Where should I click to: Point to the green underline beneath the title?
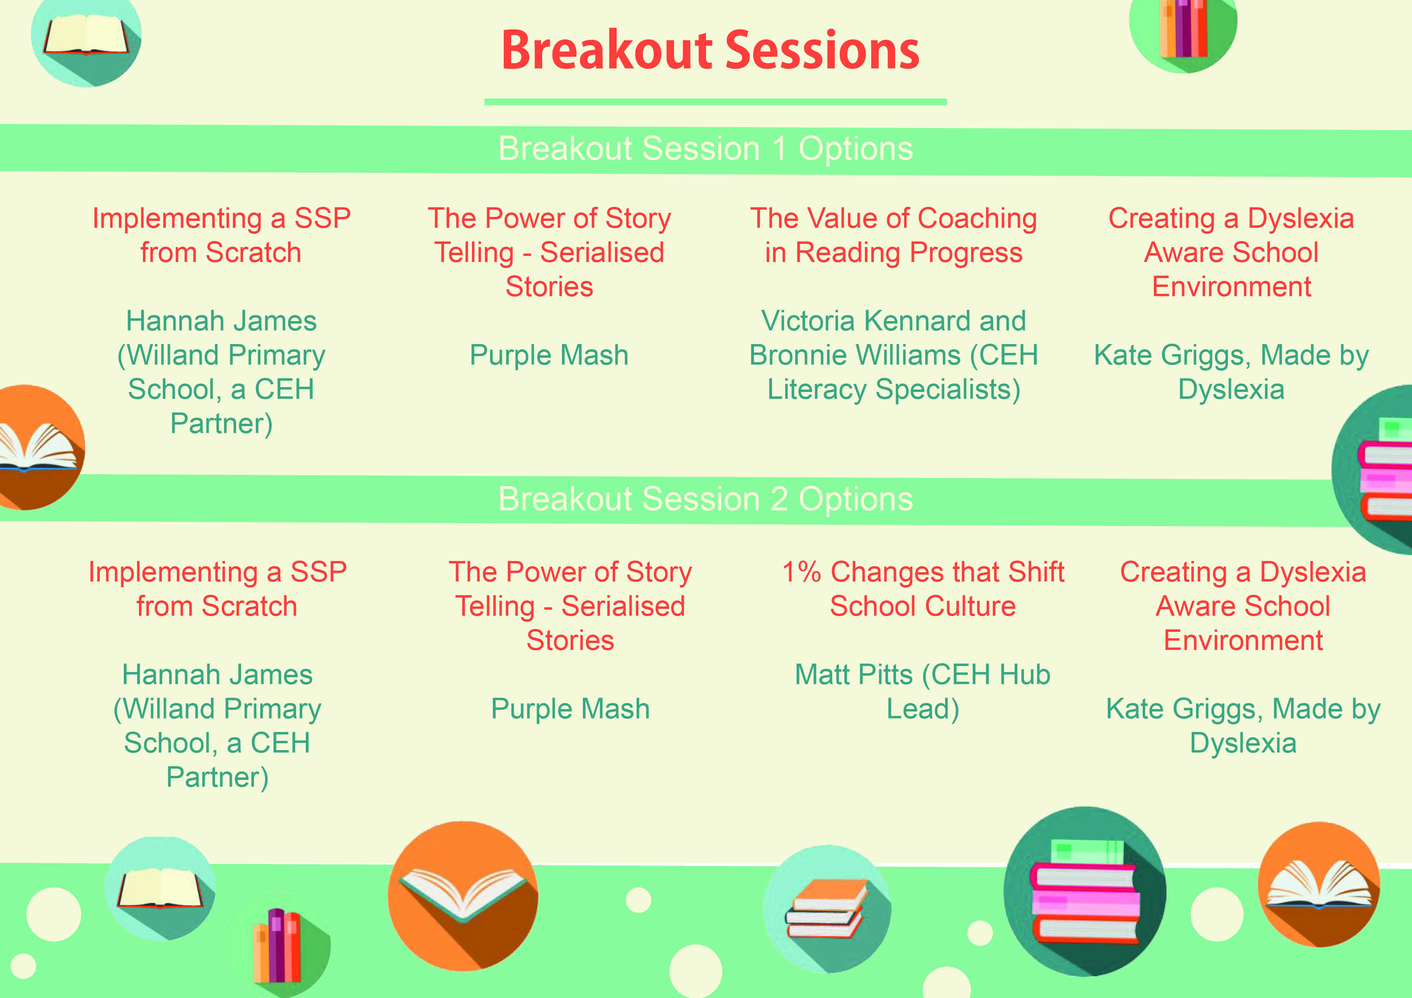click(x=715, y=101)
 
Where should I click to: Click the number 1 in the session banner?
click(x=779, y=149)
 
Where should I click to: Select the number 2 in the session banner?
click(x=779, y=499)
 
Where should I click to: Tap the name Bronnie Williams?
click(x=855, y=355)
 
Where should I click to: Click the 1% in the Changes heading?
click(x=801, y=572)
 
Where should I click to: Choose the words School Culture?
click(x=923, y=606)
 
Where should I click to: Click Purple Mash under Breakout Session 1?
click(x=549, y=355)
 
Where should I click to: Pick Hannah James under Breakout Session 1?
click(x=221, y=321)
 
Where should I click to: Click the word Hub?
click(x=1024, y=674)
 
